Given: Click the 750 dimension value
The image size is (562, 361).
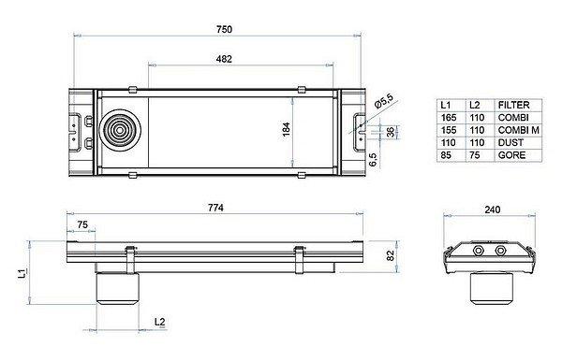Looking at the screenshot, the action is pos(224,29).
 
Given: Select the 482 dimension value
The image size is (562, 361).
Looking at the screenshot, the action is pos(224,59).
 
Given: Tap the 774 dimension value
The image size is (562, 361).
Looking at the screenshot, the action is pos(215,208).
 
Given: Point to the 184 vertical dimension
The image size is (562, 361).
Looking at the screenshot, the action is pos(287,129).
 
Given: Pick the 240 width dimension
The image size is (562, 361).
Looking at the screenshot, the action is pos(492,209).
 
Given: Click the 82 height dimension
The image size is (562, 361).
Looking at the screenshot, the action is pos(391,255).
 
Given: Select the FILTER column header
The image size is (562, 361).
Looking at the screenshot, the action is pos(513,105).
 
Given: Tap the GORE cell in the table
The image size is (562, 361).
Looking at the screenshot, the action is pos(511,155).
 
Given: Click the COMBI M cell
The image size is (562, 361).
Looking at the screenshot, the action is pos(519,130).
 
